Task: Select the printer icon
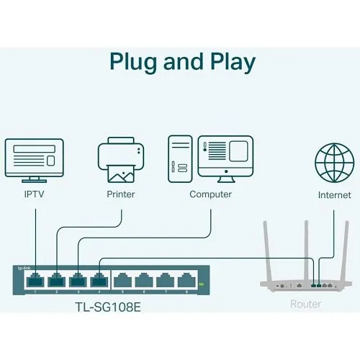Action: [x=120, y=161]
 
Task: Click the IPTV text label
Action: [x=34, y=194]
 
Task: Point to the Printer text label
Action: [x=120, y=194]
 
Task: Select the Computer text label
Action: [x=210, y=194]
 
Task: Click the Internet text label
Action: [x=335, y=195]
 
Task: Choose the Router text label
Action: [x=305, y=304]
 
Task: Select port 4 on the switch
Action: [x=99, y=281]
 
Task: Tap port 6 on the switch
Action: [x=145, y=281]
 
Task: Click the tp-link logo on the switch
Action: [x=23, y=268]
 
